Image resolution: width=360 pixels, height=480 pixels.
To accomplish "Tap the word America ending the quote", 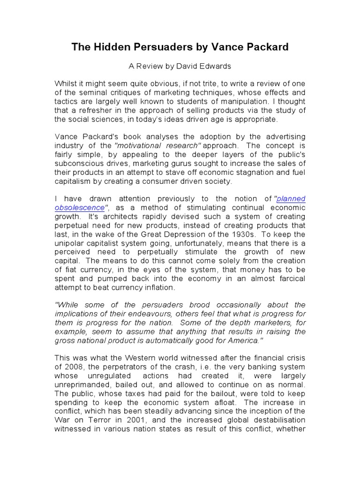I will point(243,341).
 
